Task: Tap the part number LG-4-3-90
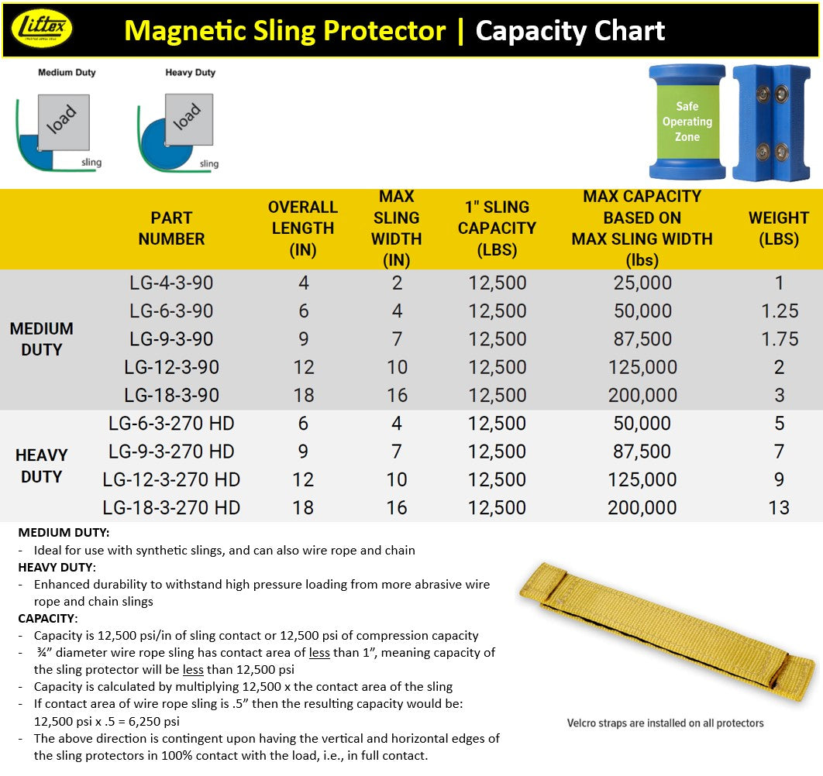[171, 283]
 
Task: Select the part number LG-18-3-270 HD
[171, 508]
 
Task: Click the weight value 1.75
[779, 339]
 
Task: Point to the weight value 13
[779, 508]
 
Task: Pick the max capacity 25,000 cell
[642, 283]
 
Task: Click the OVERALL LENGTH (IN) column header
[303, 228]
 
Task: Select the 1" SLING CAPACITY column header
[497, 228]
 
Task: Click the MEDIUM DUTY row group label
[42, 339]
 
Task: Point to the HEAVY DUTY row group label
[42, 465]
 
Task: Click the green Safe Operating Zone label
[687, 122]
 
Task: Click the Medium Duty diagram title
[67, 73]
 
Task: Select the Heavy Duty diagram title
[190, 73]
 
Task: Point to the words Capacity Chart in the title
[570, 31]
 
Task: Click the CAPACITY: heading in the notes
[48, 619]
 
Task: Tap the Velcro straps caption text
[665, 723]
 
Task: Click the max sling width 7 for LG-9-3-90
[397, 339]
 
